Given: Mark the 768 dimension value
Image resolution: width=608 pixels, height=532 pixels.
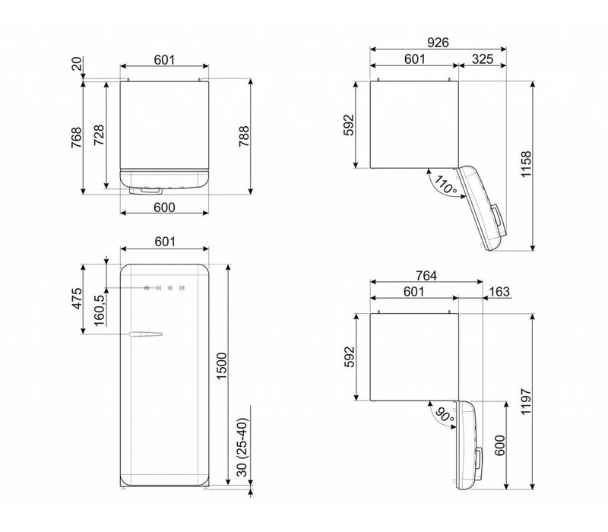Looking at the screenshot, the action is tap(76, 137).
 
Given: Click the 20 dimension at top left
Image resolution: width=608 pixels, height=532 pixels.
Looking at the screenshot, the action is tap(76, 65).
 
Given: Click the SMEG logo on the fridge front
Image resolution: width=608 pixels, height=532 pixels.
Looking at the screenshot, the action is tap(165, 288).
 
